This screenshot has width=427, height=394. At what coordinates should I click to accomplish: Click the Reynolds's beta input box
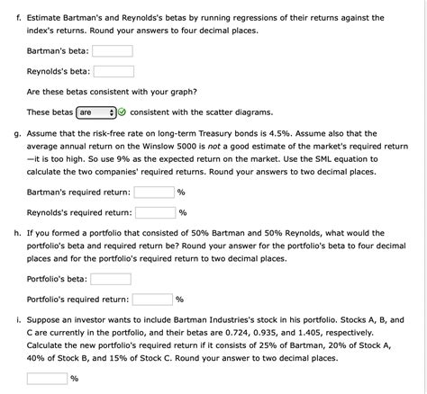[x=113, y=72]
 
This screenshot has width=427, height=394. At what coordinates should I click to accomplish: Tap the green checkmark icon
[x=123, y=112]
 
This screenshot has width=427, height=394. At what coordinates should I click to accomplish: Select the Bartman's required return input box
[x=154, y=192]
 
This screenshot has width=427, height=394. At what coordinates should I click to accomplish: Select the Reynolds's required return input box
[x=156, y=212]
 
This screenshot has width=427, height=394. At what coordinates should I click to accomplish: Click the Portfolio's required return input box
[x=152, y=300]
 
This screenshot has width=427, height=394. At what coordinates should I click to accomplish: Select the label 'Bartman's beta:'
[x=58, y=50]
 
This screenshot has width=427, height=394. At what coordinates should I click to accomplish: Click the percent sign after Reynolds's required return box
[x=183, y=213]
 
